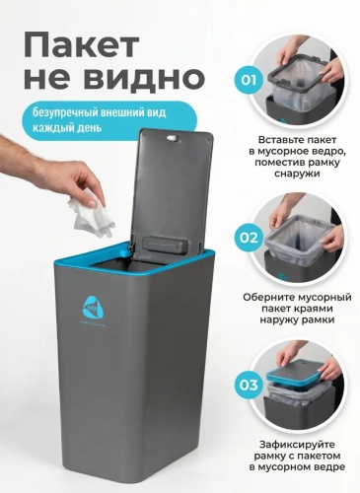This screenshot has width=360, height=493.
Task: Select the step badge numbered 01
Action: tap(249, 80)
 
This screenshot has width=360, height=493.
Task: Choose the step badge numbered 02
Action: tap(249, 238)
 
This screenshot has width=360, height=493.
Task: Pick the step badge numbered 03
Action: tap(249, 385)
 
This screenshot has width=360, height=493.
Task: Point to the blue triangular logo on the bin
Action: tap(93, 307)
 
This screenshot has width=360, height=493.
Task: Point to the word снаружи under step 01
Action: tap(297, 174)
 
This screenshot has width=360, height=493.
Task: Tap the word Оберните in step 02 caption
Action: tap(268, 297)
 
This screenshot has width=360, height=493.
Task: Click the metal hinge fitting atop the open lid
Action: tap(172, 138)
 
